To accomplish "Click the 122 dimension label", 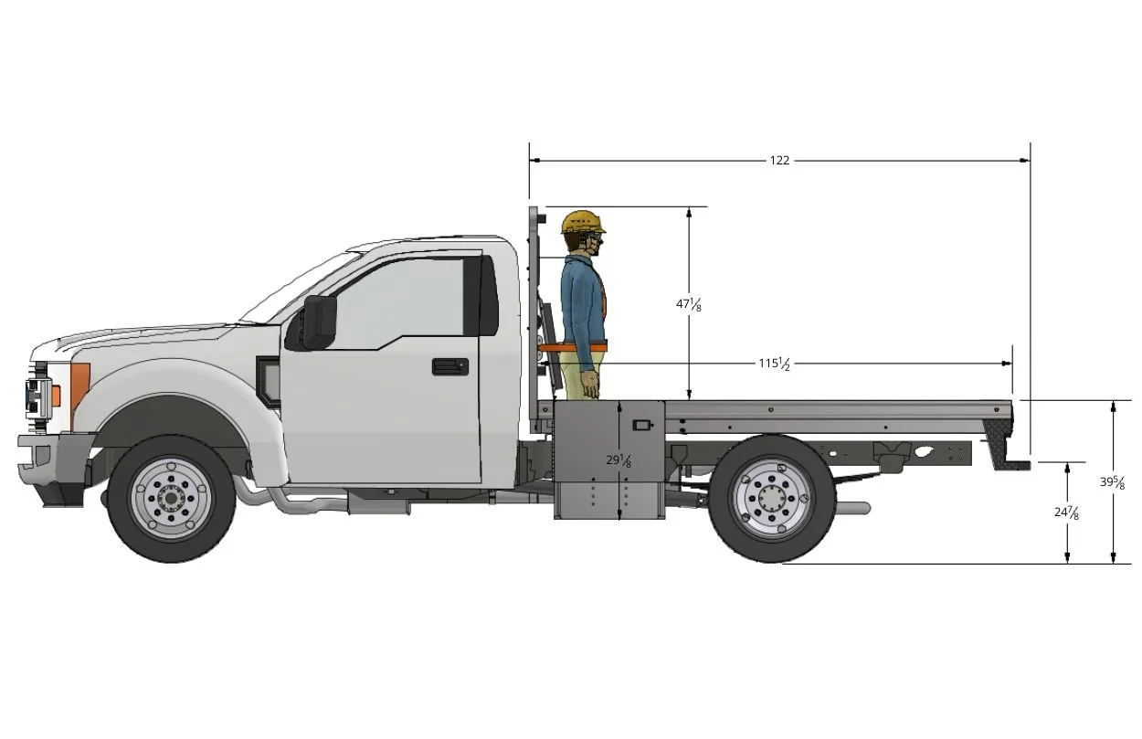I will [778, 161].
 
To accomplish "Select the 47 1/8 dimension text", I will [689, 303].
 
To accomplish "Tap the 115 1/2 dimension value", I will [773, 364].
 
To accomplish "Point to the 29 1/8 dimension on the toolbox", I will [619, 460].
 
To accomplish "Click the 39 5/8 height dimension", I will [1112, 482].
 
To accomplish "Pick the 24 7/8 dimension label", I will [1066, 512].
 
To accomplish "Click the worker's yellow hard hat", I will [582, 221].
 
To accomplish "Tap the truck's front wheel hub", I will [171, 499].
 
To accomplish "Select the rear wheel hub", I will [771, 499].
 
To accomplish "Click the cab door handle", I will [449, 366].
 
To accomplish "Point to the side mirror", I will [318, 322].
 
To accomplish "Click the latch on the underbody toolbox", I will [643, 425].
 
